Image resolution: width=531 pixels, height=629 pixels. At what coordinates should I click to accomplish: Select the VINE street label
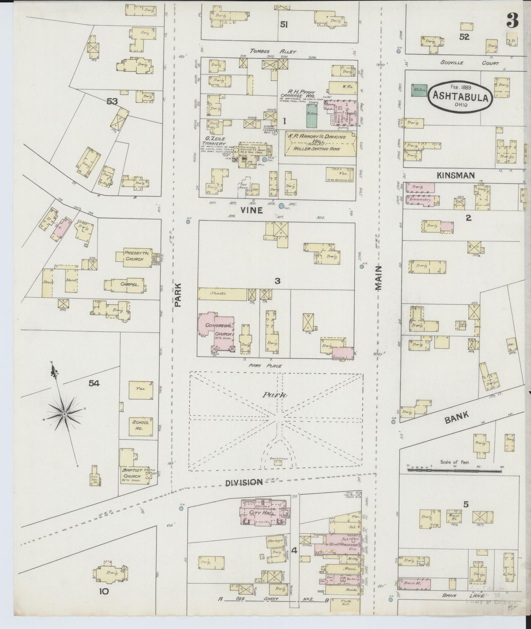click(x=252, y=210)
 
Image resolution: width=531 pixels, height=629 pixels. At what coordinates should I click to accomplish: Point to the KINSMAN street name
click(x=456, y=176)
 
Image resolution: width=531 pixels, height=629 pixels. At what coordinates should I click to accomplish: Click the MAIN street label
click(x=379, y=278)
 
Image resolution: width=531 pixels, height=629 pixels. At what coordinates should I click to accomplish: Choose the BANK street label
click(x=457, y=418)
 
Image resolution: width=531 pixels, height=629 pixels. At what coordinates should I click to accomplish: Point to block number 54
click(x=94, y=383)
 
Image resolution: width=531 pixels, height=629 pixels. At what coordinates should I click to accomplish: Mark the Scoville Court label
click(x=469, y=63)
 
